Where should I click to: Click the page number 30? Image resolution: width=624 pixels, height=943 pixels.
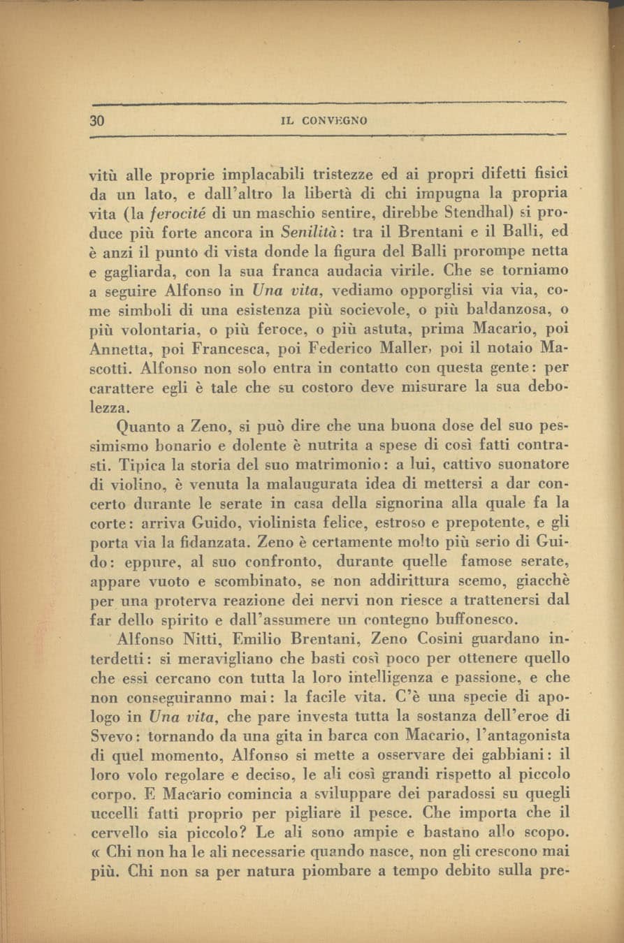(x=97, y=120)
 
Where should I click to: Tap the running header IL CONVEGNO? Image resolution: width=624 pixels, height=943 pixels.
(x=324, y=121)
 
